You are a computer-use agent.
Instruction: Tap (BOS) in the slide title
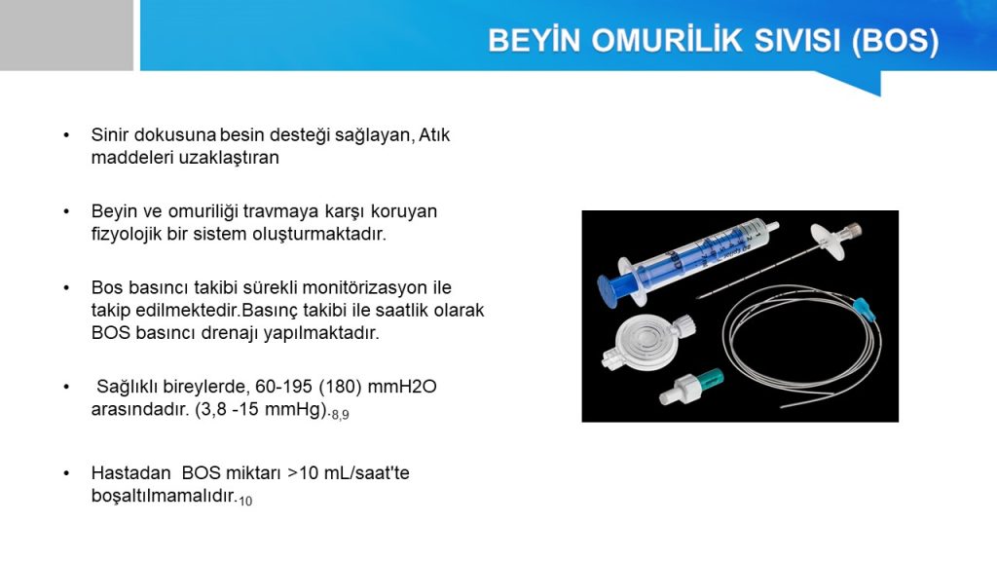click(896, 41)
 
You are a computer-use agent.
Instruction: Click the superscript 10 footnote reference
click(245, 501)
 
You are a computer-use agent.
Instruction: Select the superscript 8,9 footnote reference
click(340, 415)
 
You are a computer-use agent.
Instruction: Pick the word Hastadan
click(131, 472)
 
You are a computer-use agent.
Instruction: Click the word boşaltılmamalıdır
click(164, 496)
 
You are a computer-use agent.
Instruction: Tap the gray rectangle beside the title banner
click(66, 35)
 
